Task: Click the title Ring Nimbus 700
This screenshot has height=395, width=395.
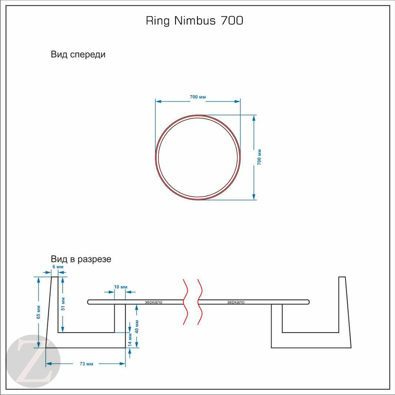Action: (195, 21)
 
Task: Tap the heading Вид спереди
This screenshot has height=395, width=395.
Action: (78, 54)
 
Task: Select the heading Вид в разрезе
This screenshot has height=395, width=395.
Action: (81, 259)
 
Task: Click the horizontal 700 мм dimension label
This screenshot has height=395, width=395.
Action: (198, 97)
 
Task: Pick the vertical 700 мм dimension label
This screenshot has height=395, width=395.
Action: (259, 157)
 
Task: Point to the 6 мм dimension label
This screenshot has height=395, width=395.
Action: (58, 267)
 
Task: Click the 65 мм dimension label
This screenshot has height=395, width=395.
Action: (38, 312)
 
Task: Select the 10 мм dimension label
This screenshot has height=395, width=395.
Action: (120, 287)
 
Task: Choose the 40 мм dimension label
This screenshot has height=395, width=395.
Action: (137, 326)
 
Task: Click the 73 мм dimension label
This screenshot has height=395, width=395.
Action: (86, 364)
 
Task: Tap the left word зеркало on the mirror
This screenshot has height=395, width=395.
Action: (153, 302)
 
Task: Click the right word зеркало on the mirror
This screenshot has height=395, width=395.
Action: (236, 302)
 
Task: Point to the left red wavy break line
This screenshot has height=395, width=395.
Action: (185, 301)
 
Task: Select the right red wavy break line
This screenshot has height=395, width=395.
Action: (200, 301)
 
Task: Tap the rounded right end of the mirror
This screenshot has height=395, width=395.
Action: (308, 302)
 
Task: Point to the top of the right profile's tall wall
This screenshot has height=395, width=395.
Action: (342, 277)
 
